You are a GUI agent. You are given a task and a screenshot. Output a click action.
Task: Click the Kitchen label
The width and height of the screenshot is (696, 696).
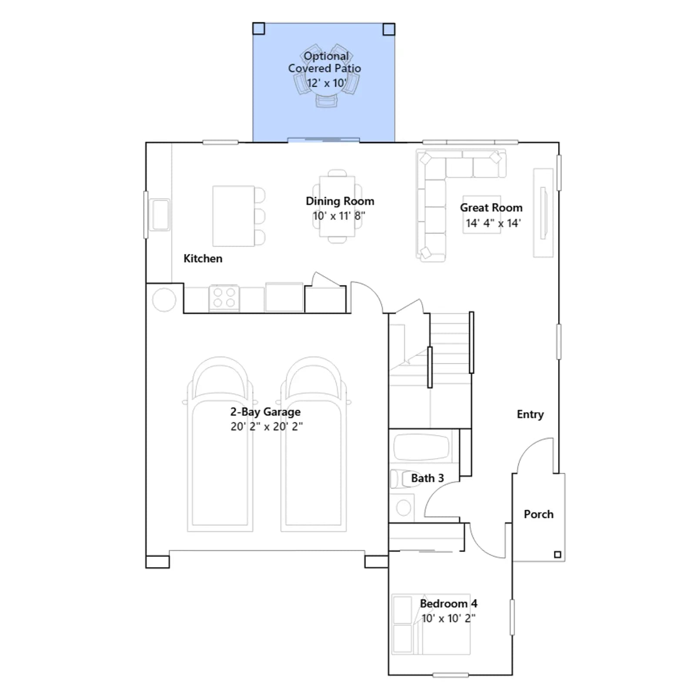(x=203, y=258)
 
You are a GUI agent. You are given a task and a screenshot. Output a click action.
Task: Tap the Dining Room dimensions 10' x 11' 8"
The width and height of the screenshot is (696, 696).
(x=339, y=216)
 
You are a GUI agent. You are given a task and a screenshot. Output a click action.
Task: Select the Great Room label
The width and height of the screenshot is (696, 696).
(x=491, y=208)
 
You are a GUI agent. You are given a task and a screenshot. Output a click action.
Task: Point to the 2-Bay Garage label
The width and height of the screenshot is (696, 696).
(x=265, y=412)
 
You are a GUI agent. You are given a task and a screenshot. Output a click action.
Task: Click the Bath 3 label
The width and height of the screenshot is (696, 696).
(x=427, y=478)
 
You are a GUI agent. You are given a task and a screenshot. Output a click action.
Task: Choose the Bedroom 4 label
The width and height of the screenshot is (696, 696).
(x=448, y=604)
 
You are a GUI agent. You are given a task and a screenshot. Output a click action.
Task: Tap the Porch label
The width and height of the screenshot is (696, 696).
(x=539, y=514)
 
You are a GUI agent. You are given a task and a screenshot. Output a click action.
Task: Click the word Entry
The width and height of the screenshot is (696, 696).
(x=530, y=415)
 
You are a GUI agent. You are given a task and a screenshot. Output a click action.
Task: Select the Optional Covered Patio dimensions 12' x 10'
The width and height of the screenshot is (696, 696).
(x=327, y=83)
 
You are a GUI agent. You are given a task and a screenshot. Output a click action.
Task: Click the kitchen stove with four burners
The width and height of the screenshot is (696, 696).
(x=224, y=298)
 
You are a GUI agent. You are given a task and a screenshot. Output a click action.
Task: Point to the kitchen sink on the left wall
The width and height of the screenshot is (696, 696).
(x=160, y=214)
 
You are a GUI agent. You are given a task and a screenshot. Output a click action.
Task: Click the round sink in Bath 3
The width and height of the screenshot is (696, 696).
(x=403, y=508)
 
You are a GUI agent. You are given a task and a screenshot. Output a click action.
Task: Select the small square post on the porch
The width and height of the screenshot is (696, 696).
(x=557, y=555)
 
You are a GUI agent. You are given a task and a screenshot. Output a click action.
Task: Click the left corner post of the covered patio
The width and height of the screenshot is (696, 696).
(x=258, y=29)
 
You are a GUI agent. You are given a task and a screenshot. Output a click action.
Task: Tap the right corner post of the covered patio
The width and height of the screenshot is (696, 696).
(x=389, y=29)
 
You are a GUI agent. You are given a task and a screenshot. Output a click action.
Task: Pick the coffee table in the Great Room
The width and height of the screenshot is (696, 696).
(x=482, y=214)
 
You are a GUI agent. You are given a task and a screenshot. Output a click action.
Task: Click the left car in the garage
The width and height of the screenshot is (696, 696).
(x=220, y=444)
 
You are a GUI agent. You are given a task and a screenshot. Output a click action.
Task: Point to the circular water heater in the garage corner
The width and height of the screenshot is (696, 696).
(x=164, y=300)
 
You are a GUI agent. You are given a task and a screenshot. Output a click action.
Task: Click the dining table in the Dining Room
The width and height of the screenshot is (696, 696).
(x=337, y=206)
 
